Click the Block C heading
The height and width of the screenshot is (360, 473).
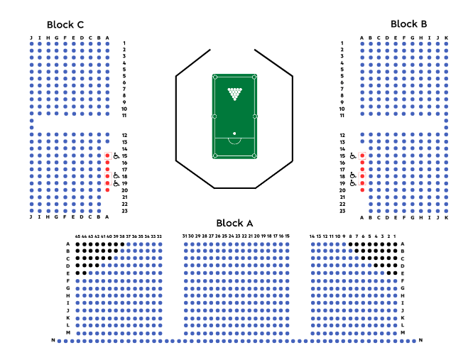point(66,24)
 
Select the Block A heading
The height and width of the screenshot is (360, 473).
point(234,223)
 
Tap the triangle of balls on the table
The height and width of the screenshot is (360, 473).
point(234,93)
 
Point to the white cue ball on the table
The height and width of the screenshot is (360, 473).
point(234,133)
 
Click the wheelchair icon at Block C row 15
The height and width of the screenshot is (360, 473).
point(116,156)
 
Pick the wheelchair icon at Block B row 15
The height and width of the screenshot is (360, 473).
point(353,156)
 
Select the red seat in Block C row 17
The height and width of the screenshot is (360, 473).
point(107,169)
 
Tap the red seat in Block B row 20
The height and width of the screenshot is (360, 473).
point(361,190)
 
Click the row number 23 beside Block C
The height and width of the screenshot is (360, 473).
point(124,211)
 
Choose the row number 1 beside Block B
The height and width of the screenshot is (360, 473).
point(342,43)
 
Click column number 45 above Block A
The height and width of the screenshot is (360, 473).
point(77,236)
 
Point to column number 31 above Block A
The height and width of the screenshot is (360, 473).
point(185,236)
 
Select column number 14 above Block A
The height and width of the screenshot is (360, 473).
point(312,236)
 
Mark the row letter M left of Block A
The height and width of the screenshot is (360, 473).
point(68,332)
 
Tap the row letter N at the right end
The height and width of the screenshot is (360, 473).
point(421,341)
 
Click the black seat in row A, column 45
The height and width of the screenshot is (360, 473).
point(77,244)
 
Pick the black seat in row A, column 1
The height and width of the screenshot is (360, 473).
point(394,244)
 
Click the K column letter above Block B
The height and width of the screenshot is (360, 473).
point(447,38)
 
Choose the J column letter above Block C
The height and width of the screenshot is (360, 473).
point(31,38)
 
